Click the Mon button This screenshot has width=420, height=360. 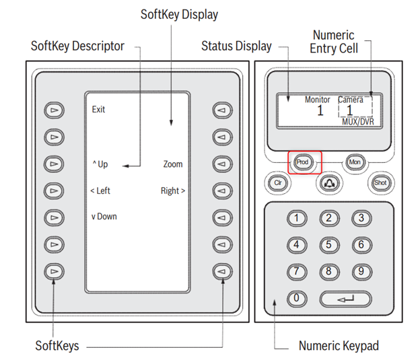[355, 162]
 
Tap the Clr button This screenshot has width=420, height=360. [277, 182]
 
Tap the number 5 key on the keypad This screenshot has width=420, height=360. [329, 245]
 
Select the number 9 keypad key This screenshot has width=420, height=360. [361, 272]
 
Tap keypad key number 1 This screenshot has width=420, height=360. [297, 218]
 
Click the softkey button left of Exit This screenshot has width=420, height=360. [53, 109]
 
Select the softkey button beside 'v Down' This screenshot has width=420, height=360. [53, 217]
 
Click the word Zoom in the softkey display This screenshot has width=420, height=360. [173, 164]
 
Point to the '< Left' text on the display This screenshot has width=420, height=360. [100, 191]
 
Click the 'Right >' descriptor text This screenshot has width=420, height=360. [173, 191]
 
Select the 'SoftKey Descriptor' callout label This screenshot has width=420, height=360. [78, 46]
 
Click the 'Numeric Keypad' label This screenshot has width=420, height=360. [339, 346]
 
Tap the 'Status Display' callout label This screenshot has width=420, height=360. [237, 46]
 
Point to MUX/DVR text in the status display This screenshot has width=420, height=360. [357, 122]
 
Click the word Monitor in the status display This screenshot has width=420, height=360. [317, 100]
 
